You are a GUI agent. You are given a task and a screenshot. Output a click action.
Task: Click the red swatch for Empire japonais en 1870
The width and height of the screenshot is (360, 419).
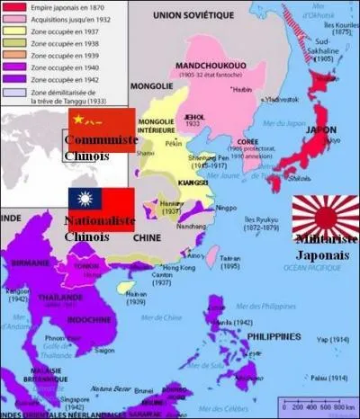[12, 6]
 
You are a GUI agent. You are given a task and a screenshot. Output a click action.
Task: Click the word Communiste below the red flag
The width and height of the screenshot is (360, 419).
[99, 141]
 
